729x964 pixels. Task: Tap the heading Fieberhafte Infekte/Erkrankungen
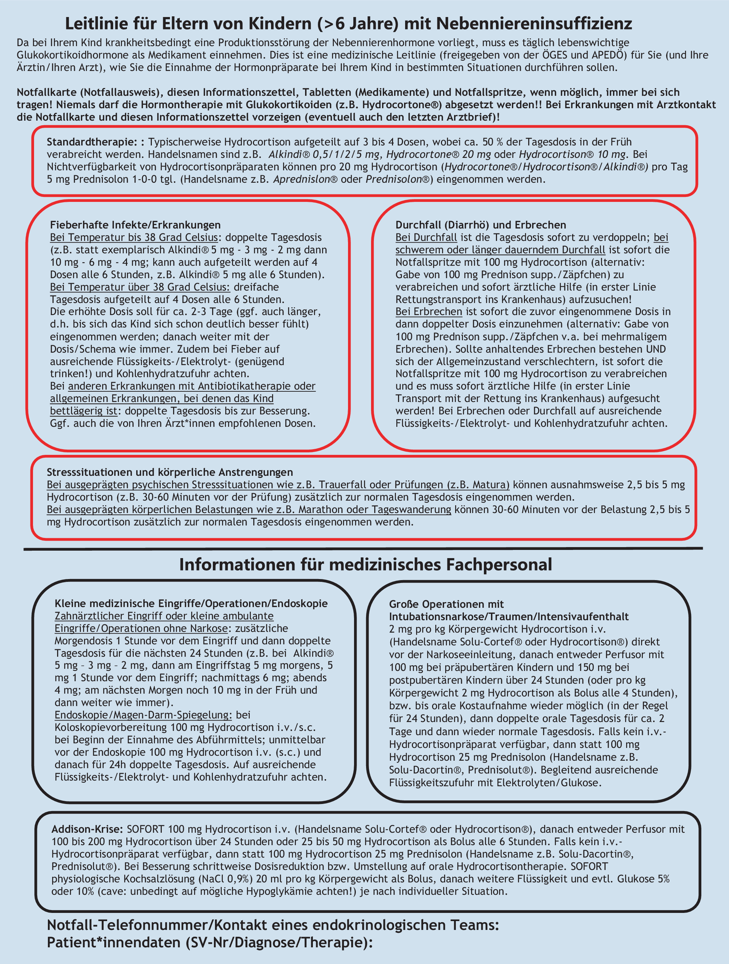pyautogui.click(x=135, y=225)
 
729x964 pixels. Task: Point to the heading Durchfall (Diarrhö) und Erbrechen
pyautogui.click(x=481, y=225)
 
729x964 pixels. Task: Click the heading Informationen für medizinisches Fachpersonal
pyautogui.click(x=365, y=564)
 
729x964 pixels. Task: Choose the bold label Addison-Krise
pyautogui.click(x=87, y=829)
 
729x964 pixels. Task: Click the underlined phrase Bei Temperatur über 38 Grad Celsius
pyautogui.click(x=140, y=287)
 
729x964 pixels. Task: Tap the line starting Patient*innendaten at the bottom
pyautogui.click(x=210, y=942)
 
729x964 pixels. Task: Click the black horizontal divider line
pyautogui.click(x=363, y=549)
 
